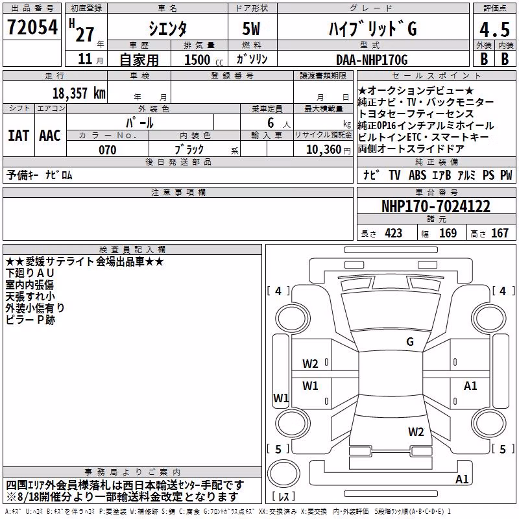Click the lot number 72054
point(32,27)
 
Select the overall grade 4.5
point(494,29)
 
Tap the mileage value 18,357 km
point(79,93)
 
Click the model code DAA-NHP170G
point(372,60)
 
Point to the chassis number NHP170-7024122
point(436,206)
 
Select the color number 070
point(108,150)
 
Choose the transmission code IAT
point(19,136)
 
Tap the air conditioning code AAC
point(50,136)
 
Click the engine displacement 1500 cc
point(204,60)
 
